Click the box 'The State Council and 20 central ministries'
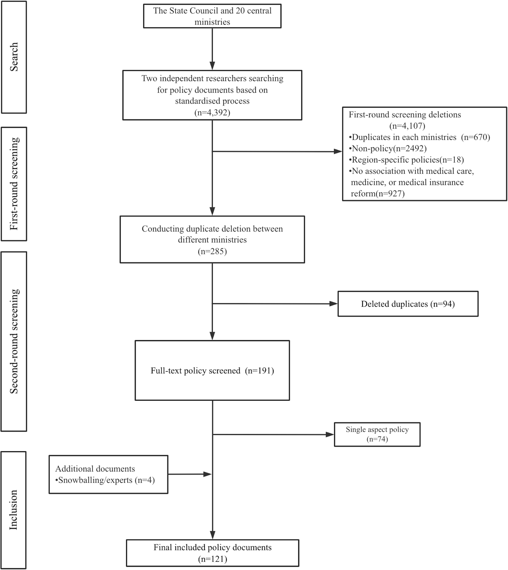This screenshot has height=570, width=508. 212,16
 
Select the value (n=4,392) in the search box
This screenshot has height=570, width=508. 212,113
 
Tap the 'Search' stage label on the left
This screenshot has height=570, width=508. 14,57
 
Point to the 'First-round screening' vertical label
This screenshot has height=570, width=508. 14,184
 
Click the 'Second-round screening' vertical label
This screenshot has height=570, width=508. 14,341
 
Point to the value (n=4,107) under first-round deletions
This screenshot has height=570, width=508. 407,126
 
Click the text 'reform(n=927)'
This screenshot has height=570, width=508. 377,193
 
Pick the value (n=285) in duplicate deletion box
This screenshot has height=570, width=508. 212,251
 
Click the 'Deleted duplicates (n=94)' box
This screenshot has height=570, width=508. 408,304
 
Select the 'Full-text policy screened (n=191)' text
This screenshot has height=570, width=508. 212,371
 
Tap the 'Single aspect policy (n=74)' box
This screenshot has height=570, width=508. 377,434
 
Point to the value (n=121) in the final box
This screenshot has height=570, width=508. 212,559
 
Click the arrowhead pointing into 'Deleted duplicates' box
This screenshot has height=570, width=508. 334,304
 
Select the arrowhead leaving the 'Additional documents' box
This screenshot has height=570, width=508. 207,474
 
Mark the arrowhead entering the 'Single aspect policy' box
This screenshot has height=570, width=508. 330,435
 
